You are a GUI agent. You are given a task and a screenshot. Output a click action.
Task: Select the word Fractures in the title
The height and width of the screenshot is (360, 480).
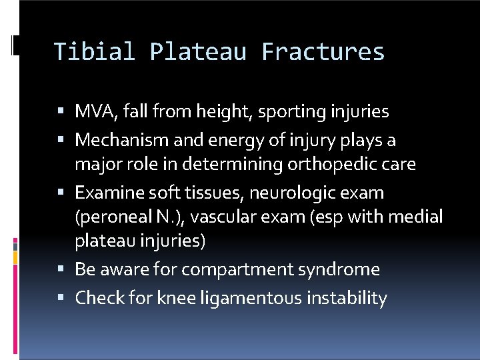[x=323, y=51]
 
